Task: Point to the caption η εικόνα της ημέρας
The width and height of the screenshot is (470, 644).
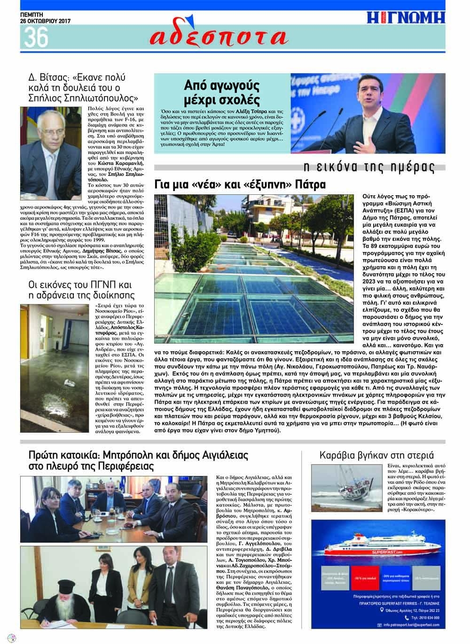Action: tap(368, 168)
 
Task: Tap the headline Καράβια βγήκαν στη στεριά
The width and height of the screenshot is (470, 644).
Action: tap(376, 455)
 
